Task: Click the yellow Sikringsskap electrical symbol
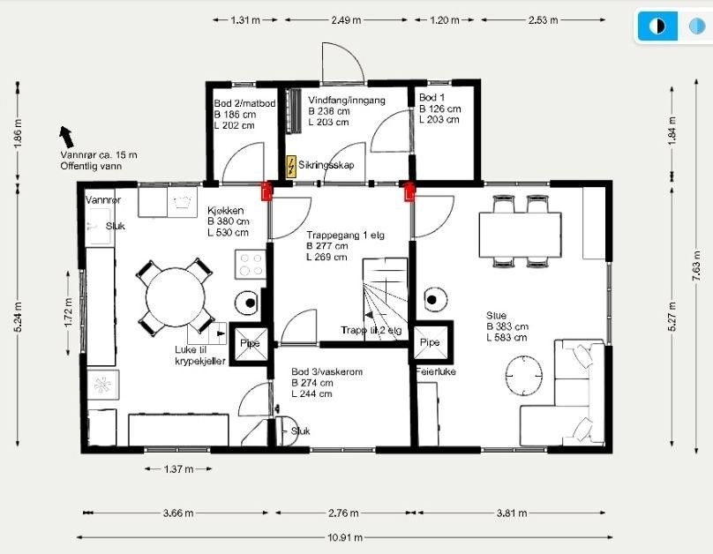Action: point(292,165)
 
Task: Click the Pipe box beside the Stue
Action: point(430,343)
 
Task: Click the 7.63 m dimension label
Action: point(697,262)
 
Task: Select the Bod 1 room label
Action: point(432,97)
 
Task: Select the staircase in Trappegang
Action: point(385,296)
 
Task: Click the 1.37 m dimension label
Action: point(178,469)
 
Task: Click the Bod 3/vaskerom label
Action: point(327,373)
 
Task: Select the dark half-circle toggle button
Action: point(657,26)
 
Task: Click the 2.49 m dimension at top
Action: point(345,20)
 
